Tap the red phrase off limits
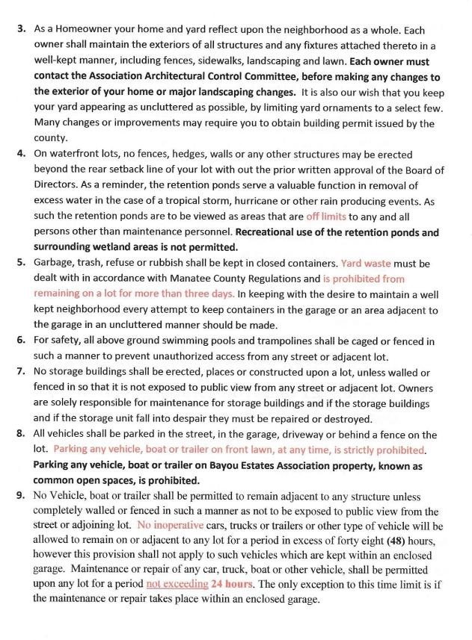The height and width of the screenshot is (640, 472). tap(326, 217)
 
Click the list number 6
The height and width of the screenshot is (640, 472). tap(21, 341)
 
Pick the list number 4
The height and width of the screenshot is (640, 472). tap(21, 155)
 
